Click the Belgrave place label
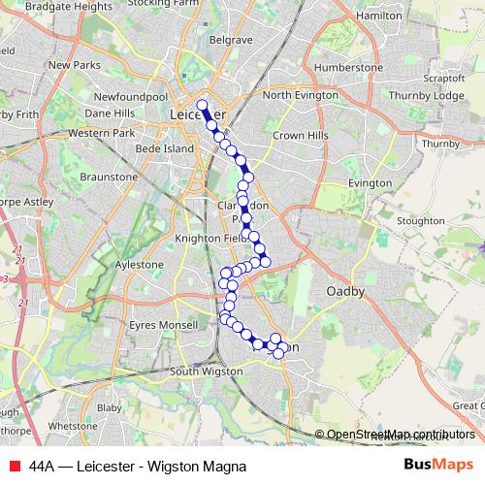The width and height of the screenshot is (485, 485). pyautogui.click(x=232, y=41)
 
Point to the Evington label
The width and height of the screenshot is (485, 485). pyautogui.click(x=369, y=183)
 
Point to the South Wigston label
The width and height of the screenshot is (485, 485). pyautogui.click(x=205, y=372)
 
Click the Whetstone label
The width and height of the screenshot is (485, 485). pyautogui.click(x=73, y=426)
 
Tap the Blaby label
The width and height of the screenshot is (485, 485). pyautogui.click(x=136, y=408)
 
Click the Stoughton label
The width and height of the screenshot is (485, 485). pyautogui.click(x=419, y=221)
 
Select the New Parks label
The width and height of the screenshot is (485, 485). pyautogui.click(x=74, y=65)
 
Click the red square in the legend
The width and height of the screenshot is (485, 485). pyautogui.click(x=13, y=466)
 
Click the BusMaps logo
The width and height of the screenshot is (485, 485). pyautogui.click(x=437, y=465)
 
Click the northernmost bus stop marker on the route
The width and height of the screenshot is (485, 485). pyautogui.click(x=202, y=106)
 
